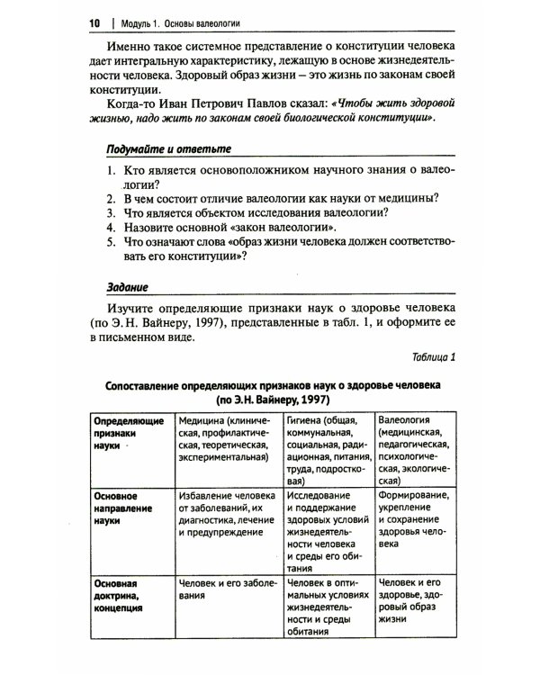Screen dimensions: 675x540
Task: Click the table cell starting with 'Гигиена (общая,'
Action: pos(326,445)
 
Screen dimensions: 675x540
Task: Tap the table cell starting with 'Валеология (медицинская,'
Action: pos(414,445)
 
